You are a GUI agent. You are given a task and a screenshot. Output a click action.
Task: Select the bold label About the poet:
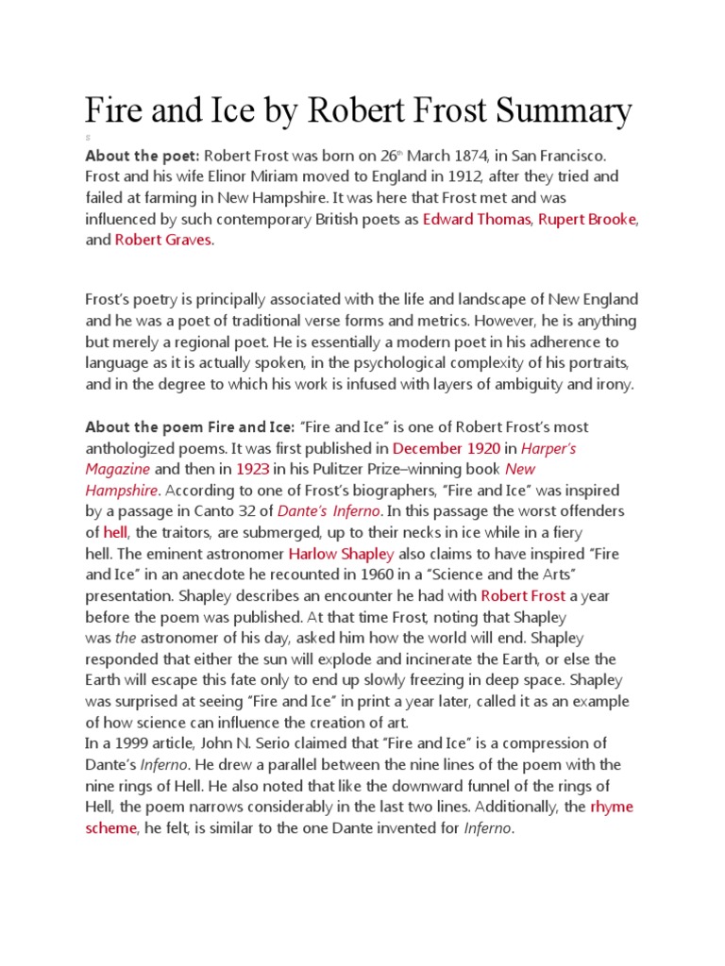[143, 155]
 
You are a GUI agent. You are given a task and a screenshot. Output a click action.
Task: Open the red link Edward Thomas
[477, 219]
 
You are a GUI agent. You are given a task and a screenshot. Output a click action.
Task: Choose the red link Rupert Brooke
[588, 219]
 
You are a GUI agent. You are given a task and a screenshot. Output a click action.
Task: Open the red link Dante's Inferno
[329, 510]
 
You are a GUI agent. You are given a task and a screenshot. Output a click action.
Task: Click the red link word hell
[114, 531]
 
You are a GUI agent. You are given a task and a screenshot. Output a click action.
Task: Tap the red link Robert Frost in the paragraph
[524, 594]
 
